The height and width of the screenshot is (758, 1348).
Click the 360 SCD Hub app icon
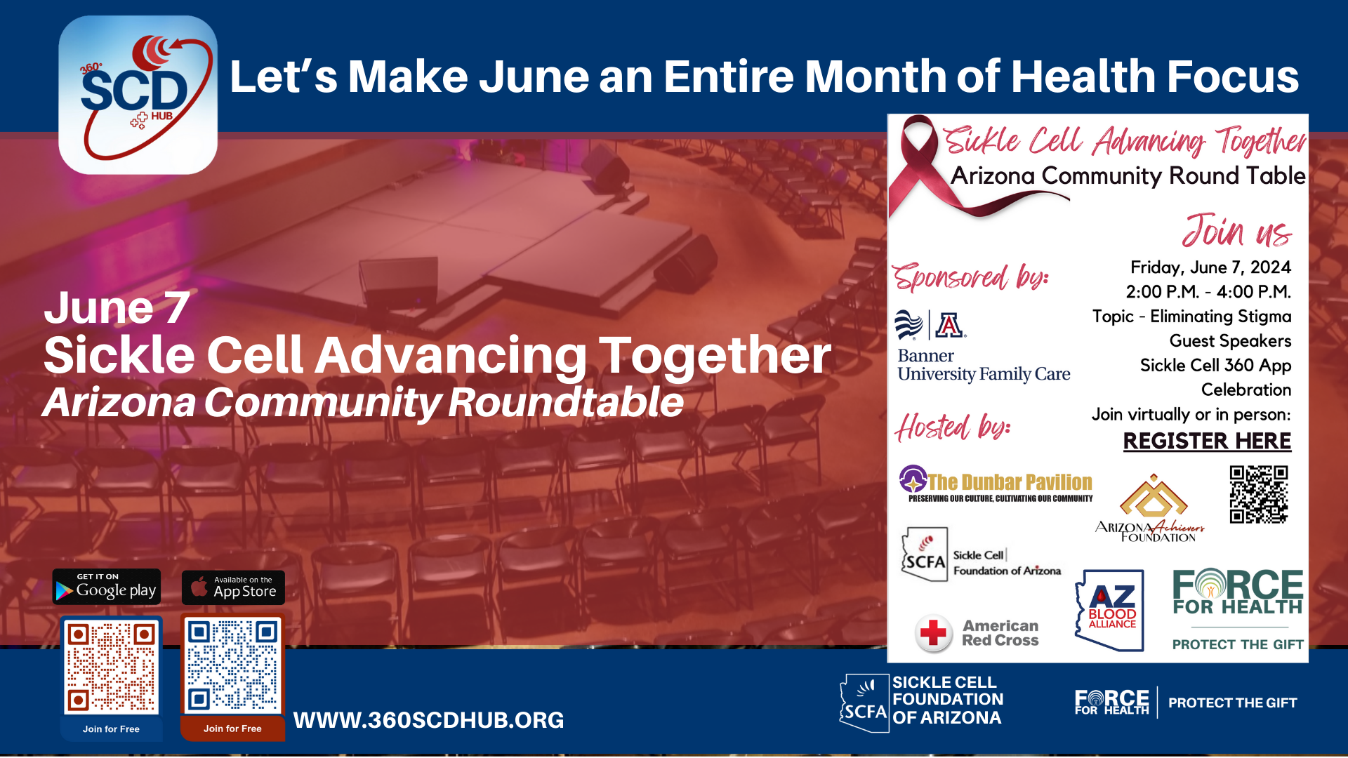coord(138,95)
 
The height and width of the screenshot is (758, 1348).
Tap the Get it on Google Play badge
coord(107,587)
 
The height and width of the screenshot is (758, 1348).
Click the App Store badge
coord(233,587)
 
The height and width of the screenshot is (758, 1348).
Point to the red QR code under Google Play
coord(111,666)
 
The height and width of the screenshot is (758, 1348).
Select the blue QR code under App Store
coord(232,665)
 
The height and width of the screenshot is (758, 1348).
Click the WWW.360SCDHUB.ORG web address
coord(428,720)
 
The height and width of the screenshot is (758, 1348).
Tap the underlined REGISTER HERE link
coord(1207,441)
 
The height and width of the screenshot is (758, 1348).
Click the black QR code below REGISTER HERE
coord(1259,495)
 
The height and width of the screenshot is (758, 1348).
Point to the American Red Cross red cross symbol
coord(933,633)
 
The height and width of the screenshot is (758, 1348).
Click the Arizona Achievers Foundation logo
coord(1151,508)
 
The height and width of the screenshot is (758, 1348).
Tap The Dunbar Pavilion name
coord(1010,482)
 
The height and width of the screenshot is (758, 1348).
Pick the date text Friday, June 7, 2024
coord(1210,267)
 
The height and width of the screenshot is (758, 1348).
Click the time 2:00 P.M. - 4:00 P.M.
coord(1208,292)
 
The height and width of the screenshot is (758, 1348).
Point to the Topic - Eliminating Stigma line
coord(1191,317)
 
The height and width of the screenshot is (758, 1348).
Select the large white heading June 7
coord(117,307)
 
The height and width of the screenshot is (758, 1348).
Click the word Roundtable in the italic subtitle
coord(566,402)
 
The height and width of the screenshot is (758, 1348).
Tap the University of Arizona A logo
coord(950,325)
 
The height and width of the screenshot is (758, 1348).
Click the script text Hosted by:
coord(953,427)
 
